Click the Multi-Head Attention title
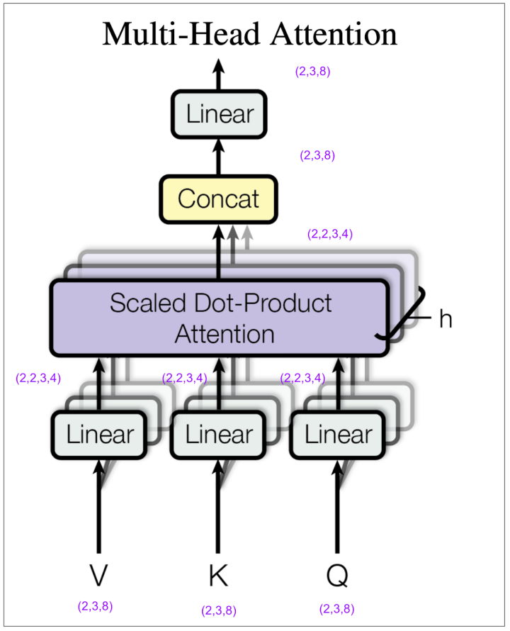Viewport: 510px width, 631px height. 249,35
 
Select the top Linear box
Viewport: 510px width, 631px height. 219,113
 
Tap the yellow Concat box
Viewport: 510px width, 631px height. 218,199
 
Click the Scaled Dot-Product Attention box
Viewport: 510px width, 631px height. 220,318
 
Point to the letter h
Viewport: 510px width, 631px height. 445,319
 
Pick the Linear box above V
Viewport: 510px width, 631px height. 100,434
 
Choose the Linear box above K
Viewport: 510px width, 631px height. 219,434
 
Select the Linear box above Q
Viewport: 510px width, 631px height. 338,434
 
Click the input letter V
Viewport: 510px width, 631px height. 99,576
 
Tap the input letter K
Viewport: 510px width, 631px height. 219,576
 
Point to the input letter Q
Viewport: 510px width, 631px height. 337,576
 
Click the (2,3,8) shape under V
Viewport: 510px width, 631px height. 95,606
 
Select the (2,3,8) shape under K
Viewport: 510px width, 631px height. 219,610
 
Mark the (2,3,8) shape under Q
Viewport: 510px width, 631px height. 337,608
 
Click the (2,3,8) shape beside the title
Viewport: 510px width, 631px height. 313,71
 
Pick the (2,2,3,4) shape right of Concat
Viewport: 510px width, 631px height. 330,234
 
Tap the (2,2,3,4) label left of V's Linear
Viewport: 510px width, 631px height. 38,378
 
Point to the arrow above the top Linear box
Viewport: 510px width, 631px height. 219,74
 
